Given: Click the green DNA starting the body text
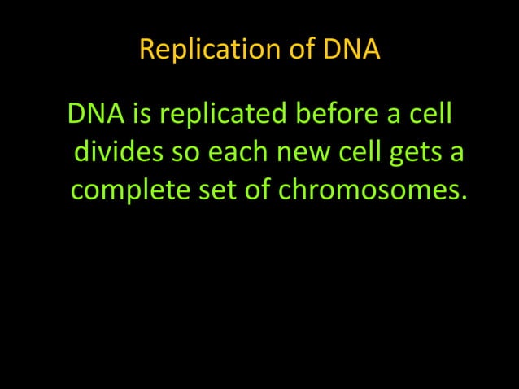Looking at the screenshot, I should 96,114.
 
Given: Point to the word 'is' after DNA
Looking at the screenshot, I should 142,114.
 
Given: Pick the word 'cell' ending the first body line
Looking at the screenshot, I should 430,114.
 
